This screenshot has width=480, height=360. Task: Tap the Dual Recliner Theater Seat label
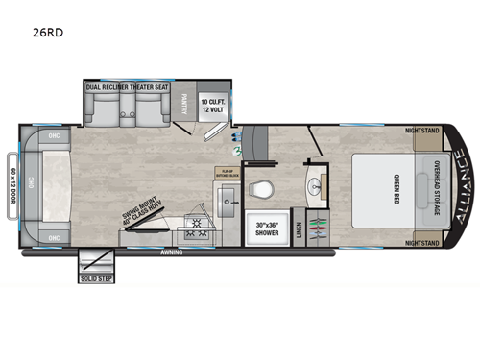(129, 87)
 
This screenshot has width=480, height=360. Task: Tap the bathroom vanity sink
(317, 184)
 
